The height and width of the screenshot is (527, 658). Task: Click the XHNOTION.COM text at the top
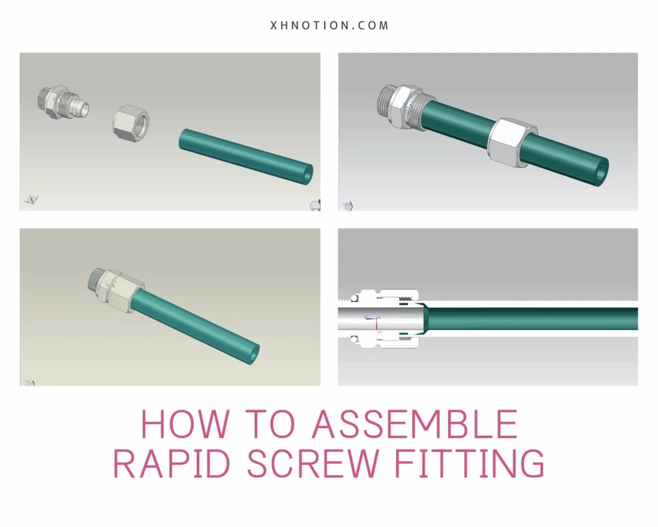pos(330,25)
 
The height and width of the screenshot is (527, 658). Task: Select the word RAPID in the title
pos(173,463)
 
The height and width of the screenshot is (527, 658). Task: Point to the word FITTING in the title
pos(469,463)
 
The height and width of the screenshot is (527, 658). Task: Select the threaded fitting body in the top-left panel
pos(63,103)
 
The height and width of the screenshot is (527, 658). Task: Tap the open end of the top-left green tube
pos(307,173)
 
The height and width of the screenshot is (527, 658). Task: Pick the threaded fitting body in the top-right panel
pos(403,106)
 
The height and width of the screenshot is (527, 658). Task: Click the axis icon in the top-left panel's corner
pos(32,199)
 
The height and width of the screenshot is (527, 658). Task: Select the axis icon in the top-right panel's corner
pos(348,206)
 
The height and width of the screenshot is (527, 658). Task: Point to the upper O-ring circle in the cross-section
pos(354,298)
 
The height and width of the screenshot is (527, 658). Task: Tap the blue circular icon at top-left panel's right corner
pos(315,206)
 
